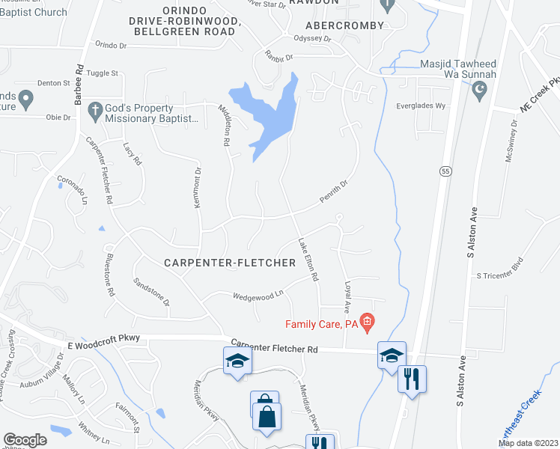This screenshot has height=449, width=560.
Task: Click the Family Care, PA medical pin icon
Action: pyautogui.click(x=367, y=323)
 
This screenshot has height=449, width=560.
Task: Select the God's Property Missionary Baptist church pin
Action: pyautogui.click(x=94, y=111)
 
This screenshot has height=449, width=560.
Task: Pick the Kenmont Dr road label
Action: pyautogui.click(x=198, y=188)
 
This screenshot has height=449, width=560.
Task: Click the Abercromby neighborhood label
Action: pyautogui.click(x=344, y=25)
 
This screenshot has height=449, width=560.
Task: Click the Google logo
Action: pyautogui.click(x=25, y=440)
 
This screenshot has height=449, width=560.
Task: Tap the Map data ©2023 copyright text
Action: pyautogui.click(x=529, y=443)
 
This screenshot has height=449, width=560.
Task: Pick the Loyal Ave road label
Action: pyautogui.click(x=347, y=297)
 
